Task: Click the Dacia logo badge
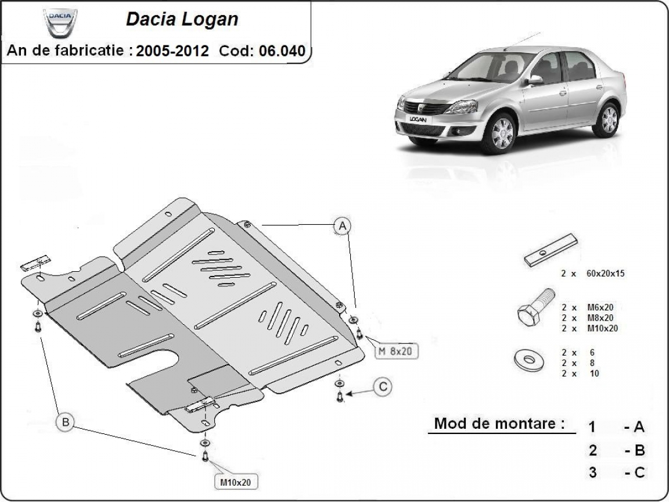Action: (59, 21)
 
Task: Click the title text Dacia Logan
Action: (182, 19)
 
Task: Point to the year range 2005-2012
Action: (172, 51)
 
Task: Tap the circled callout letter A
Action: (343, 225)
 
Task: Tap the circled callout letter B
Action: (65, 422)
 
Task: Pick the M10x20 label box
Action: (236, 482)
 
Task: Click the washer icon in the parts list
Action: (529, 361)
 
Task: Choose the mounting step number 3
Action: (592, 472)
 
